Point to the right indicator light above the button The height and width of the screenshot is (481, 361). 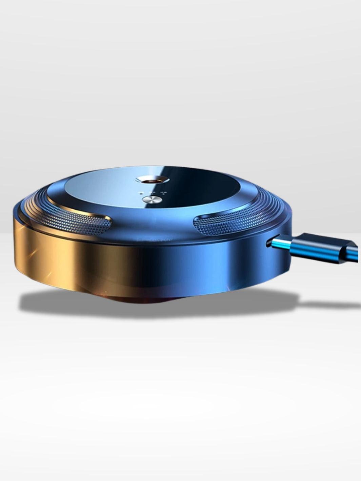pos(164,193)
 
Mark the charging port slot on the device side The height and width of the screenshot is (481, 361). pos(269,241)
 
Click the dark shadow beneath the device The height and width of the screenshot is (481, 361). pos(68,303)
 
